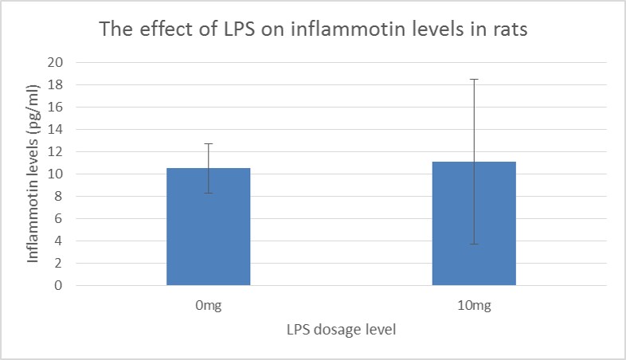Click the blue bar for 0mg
(x=208, y=227)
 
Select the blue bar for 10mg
(x=474, y=224)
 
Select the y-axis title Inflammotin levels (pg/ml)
(x=33, y=174)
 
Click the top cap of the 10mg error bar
(x=474, y=79)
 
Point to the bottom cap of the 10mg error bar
(x=474, y=244)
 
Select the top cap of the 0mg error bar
(x=208, y=143)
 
